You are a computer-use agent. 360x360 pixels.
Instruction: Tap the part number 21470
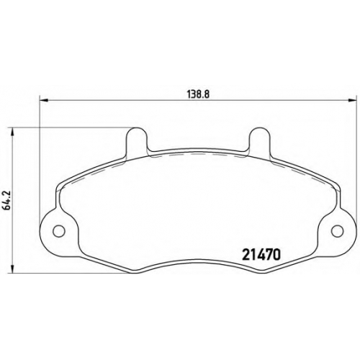(261, 255)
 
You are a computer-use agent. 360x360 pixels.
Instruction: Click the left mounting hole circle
(58, 230)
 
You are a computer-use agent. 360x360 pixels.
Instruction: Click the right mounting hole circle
(337, 230)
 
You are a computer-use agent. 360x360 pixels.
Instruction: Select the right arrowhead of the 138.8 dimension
(351, 99)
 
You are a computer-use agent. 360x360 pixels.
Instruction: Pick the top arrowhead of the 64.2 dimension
(12, 132)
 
